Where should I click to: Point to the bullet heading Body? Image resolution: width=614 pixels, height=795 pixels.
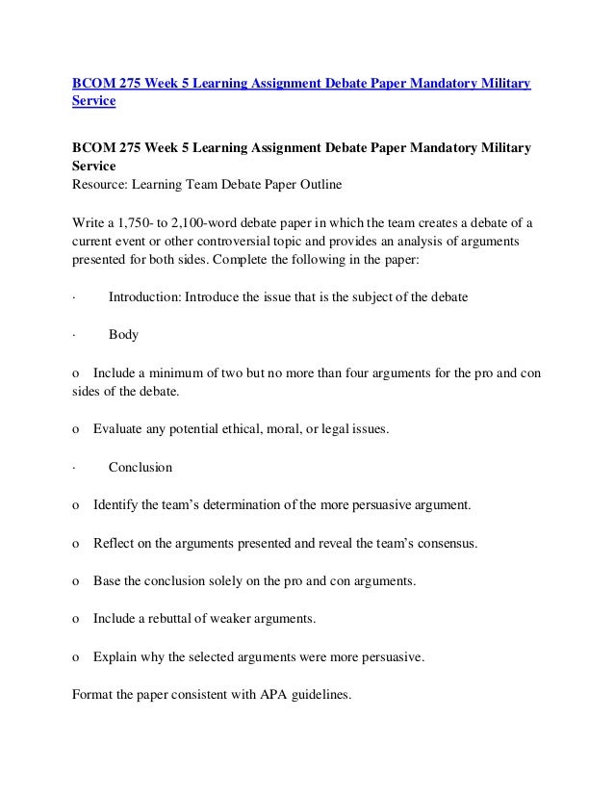point(123,335)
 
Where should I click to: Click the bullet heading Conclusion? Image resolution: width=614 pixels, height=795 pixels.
point(141,468)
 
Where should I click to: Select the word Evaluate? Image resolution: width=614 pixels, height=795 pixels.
point(120,429)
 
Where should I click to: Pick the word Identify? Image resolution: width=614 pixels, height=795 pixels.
point(117,504)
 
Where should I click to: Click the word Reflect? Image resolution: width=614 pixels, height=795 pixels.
point(115,543)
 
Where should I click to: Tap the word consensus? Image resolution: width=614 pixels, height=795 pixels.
point(446,543)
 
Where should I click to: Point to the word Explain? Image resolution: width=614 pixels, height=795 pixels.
point(116,657)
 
